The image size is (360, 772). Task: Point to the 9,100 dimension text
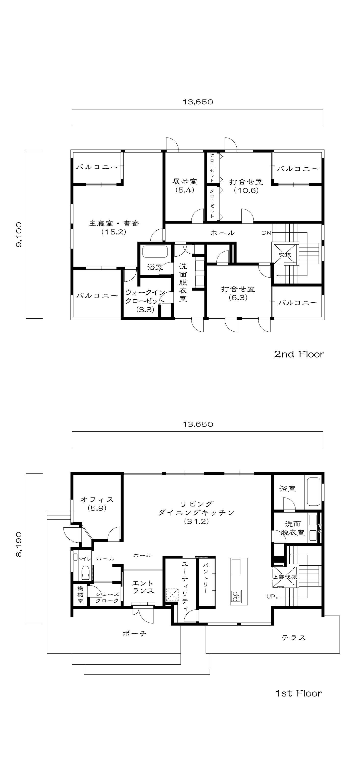19,234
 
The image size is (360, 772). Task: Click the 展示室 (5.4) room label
185,186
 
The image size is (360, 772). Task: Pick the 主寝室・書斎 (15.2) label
114,228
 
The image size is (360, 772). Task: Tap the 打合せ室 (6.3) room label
238,293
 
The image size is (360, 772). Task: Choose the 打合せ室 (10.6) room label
246,186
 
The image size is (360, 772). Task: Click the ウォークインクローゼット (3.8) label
145,301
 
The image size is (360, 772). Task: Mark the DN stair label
266,233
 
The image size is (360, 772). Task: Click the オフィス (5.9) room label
97,504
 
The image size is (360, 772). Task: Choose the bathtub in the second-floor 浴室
155,252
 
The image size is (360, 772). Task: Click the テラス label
293,638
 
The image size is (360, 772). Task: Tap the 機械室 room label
80,594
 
